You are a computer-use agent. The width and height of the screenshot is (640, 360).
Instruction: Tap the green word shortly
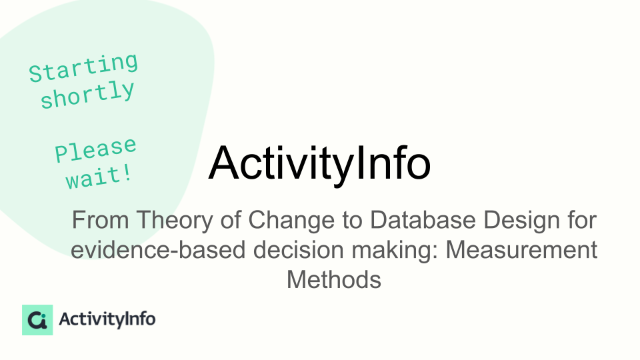[x=87, y=95]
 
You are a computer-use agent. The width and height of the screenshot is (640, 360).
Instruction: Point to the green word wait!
[x=99, y=177]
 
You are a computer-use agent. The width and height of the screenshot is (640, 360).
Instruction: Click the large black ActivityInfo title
[x=319, y=163]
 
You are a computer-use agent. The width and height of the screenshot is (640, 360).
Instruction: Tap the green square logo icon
[x=37, y=320]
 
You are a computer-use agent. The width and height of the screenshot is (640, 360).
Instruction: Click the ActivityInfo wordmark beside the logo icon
[x=107, y=319]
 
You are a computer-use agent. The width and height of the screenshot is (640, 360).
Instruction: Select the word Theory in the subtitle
[x=175, y=220]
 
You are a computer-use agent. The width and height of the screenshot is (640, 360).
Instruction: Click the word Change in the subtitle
[x=291, y=220]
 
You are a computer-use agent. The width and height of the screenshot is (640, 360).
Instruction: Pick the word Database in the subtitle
[x=423, y=219]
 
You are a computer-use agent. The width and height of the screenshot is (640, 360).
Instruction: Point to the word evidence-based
[x=158, y=250]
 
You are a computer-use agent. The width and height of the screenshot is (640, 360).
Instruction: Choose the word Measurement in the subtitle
[x=521, y=250]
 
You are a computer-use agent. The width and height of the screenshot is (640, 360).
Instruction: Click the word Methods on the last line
[x=334, y=280]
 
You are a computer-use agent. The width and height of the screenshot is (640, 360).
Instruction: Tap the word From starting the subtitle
[x=101, y=220]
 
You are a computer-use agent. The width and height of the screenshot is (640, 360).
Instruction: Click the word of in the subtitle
[x=231, y=219]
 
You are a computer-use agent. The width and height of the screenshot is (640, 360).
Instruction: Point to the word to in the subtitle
[x=353, y=221]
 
